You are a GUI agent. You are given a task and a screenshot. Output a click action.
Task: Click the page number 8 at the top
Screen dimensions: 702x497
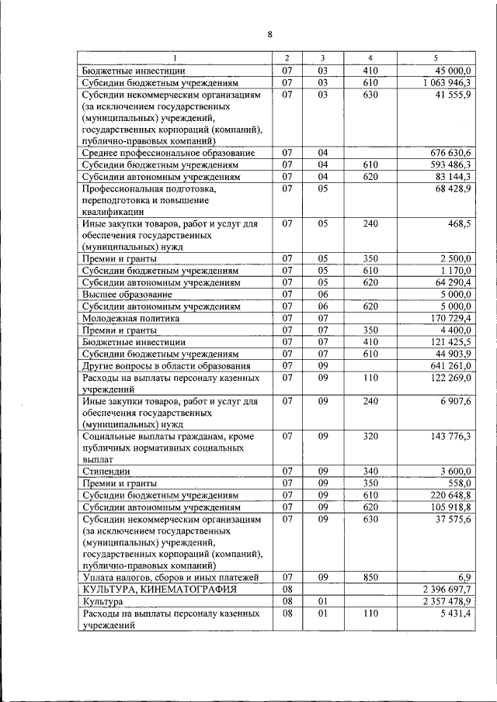[x=269, y=34]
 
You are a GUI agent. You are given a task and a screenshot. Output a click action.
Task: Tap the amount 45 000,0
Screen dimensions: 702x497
[x=458, y=71]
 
